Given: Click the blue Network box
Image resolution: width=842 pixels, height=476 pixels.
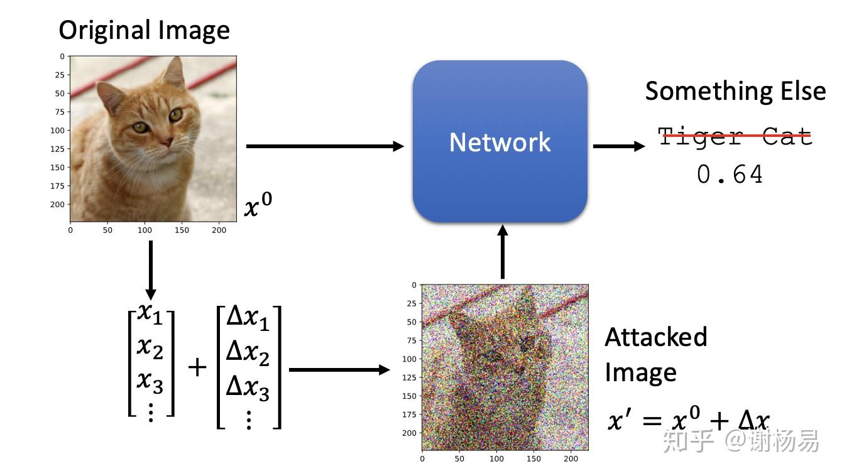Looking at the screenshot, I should (x=500, y=141).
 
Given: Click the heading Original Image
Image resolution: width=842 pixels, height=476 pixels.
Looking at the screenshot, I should (x=144, y=30).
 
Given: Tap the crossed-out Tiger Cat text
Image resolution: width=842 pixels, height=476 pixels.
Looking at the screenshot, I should (x=735, y=136).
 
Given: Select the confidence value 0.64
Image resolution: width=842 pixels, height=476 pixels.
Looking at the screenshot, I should (x=730, y=175).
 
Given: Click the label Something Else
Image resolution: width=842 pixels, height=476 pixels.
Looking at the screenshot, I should (x=735, y=92).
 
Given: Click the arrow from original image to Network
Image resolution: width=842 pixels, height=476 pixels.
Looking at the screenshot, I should (x=324, y=146).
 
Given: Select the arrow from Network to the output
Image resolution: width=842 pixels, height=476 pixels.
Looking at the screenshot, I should (x=618, y=146).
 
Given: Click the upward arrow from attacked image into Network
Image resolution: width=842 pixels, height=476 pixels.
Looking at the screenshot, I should (x=502, y=252).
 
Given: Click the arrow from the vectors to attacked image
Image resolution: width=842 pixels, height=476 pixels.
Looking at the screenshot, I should (x=339, y=370).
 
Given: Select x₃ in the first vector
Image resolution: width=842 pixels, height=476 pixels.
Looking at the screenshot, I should (x=150, y=380).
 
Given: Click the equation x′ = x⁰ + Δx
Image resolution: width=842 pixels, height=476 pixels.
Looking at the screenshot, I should (x=688, y=420).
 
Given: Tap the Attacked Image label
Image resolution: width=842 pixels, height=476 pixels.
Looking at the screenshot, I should (x=655, y=354).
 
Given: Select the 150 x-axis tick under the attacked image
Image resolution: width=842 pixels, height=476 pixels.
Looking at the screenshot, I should (x=534, y=459).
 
